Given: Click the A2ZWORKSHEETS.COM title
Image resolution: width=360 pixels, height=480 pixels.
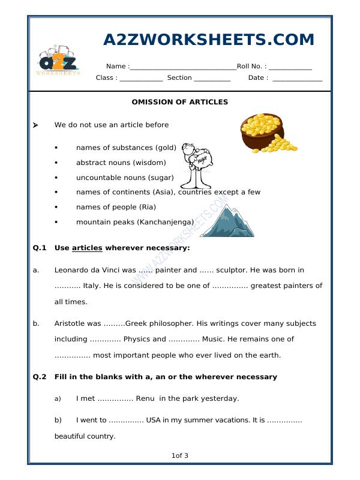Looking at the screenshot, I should tap(209, 40).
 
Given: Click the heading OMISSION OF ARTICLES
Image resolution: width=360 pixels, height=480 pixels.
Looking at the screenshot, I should tap(180, 102).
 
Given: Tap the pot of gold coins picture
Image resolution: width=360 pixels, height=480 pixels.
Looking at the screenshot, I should tap(266, 133).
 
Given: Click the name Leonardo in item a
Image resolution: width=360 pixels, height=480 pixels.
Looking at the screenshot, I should tap(73, 270).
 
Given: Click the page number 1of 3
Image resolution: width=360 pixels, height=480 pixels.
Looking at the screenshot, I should tap(180, 456).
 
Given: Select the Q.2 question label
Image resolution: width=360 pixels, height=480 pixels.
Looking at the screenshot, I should tap(40, 377).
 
